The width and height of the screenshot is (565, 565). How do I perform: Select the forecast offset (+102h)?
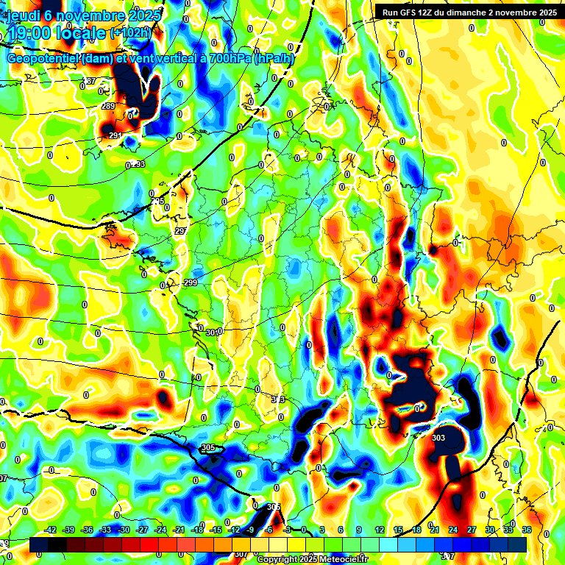(x=130, y=33)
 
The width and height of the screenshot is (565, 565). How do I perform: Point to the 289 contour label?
(x=108, y=107)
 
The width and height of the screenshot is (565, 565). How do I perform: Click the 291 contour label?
(x=115, y=136)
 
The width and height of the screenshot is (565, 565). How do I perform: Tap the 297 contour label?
(x=181, y=231)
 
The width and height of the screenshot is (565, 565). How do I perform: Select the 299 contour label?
(x=191, y=283)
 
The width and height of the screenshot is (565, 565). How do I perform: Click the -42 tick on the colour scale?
(x=50, y=530)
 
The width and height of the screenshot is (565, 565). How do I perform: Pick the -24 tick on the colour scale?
(x=160, y=530)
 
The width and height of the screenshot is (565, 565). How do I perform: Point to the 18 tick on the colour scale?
(x=416, y=530)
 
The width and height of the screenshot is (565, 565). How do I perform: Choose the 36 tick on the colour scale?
(x=527, y=530)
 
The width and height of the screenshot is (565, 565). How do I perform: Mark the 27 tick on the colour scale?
(x=472, y=530)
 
